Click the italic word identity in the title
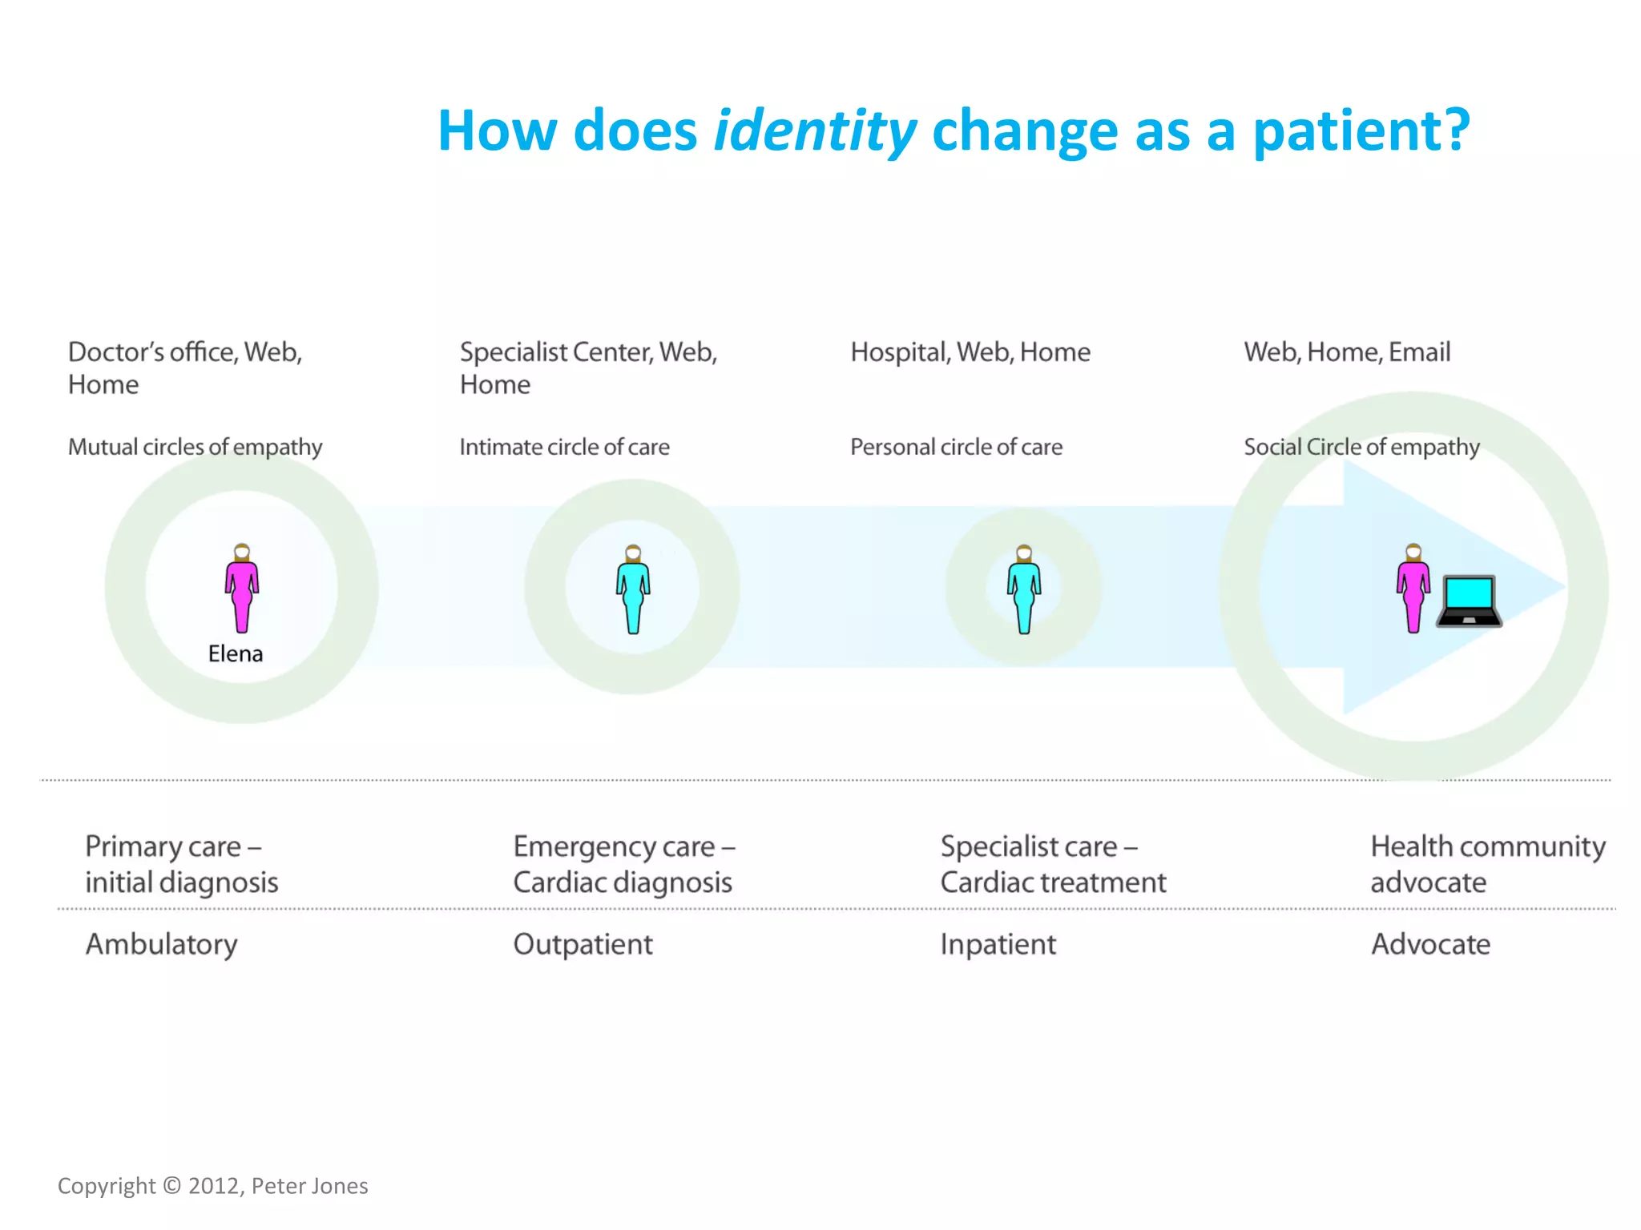pos(814,131)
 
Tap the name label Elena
pos(235,653)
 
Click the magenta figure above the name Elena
pos(241,589)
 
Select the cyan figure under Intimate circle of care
pos(633,590)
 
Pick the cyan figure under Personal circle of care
pos(1023,590)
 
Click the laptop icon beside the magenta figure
pos(1469,601)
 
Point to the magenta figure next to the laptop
pos(1413,589)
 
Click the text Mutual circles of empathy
pos(195,447)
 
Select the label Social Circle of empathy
pos(1361,447)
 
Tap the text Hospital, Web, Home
pos(970,352)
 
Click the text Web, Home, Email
pos(1346,352)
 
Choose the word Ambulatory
pos(161,945)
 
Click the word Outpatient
pos(583,945)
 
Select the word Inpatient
pos(998,945)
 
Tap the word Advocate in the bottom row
pos(1430,945)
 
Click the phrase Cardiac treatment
pos(1053,882)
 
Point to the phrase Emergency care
pos(614,847)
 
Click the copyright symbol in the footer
pos(171,1185)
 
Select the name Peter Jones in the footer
pos(309,1186)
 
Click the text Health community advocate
pos(1487,863)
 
